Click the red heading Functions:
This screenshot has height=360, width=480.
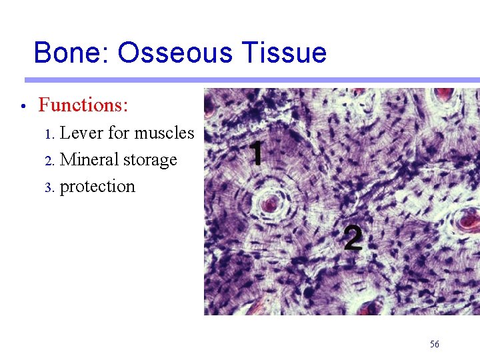coord(83,105)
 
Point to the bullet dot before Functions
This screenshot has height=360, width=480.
coord(23,107)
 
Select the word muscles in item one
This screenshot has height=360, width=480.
coord(164,133)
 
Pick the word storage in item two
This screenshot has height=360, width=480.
coord(150,161)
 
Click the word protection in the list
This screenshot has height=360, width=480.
coord(97,187)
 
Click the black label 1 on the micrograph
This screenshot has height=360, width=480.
coord(255,153)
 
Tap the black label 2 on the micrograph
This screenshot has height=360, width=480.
coord(353,237)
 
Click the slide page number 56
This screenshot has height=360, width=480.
coord(435,344)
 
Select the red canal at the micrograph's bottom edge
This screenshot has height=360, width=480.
coord(366,309)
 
